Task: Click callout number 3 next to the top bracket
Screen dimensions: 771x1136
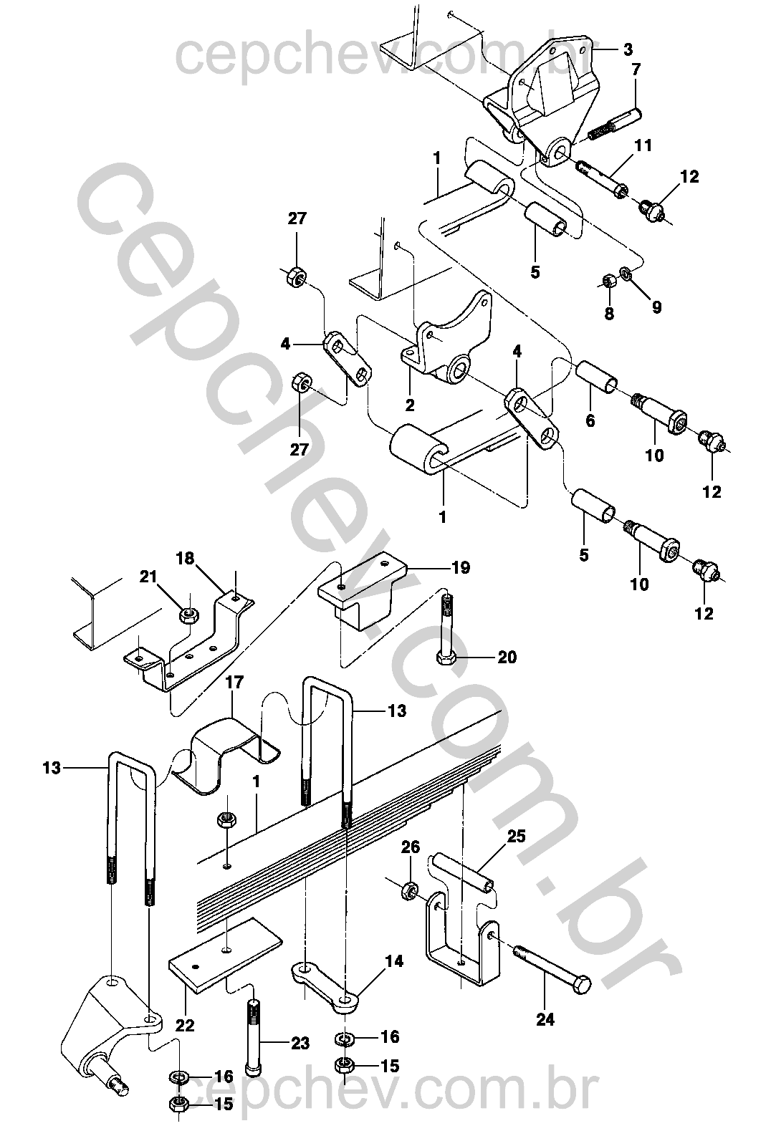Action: [x=628, y=49]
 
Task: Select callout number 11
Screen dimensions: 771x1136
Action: [x=643, y=145]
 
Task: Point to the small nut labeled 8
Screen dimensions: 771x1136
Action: [x=608, y=281]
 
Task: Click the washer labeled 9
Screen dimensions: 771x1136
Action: [x=626, y=274]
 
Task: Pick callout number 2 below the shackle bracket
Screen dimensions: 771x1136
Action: [x=409, y=405]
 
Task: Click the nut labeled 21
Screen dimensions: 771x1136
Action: [x=188, y=616]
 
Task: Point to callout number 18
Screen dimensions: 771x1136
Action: [x=185, y=559]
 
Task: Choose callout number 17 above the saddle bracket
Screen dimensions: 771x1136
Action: [x=234, y=682]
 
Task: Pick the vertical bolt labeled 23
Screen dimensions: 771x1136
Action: [x=254, y=1039]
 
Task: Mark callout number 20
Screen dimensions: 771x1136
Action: [x=507, y=658]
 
